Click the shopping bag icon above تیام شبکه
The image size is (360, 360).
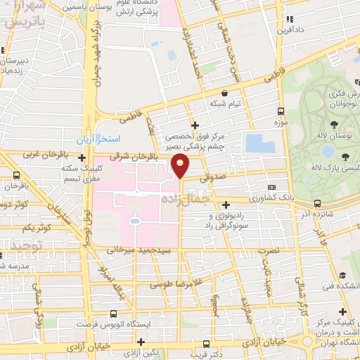(x=224, y=93)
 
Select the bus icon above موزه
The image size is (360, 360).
(x=281, y=111)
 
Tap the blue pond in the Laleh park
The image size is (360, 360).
(x=328, y=150)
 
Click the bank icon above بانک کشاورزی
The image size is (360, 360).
(x=271, y=188)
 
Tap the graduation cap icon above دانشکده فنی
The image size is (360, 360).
(x=342, y=275)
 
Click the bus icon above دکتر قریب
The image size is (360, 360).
(x=206, y=345)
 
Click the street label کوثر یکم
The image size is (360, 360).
(x=37, y=228)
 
